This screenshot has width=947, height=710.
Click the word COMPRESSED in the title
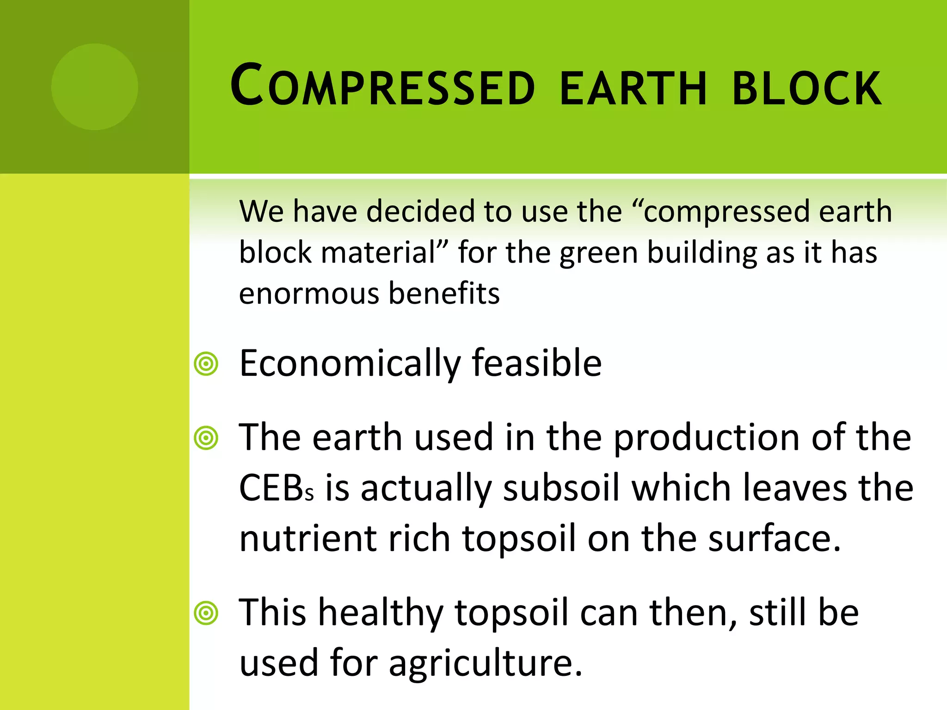383,86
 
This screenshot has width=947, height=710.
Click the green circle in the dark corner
95,87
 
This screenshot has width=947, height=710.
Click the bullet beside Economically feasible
206,364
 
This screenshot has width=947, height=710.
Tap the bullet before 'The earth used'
206,438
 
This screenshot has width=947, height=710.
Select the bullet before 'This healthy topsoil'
206,613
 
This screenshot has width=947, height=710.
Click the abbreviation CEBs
276,488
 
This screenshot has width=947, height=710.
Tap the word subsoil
561,488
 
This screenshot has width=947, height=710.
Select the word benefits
444,293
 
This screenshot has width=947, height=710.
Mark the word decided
421,211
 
